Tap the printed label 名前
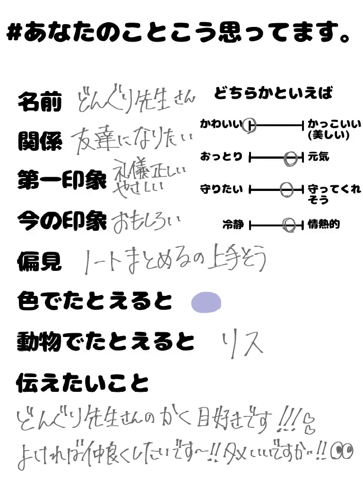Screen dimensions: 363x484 [40, 102]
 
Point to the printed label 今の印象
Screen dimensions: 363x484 [62, 220]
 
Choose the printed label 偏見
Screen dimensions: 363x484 [40, 260]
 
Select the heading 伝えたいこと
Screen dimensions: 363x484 [83, 383]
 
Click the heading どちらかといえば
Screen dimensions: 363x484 [273, 93]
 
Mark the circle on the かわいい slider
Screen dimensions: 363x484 [250, 126]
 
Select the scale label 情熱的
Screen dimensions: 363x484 [324, 225]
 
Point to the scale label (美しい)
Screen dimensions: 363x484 [328, 135]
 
